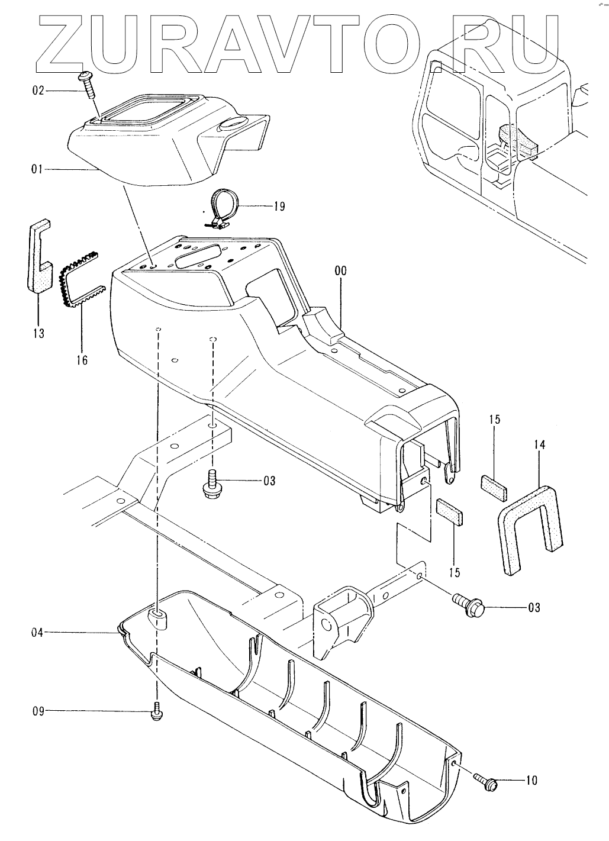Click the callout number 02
tap(38, 91)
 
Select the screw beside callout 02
tap(87, 85)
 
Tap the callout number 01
tap(38, 170)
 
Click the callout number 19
tap(279, 206)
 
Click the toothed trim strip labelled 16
tap(80, 278)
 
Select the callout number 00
tap(340, 271)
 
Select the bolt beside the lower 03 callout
tap(469, 604)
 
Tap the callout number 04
tap(38, 633)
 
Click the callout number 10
tap(531, 781)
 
